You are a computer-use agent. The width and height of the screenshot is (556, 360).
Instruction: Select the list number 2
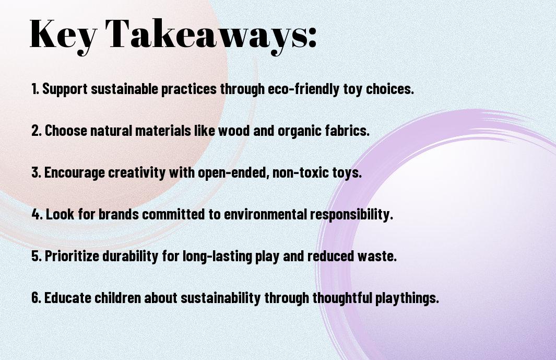36,131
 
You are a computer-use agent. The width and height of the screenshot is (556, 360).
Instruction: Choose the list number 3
36,172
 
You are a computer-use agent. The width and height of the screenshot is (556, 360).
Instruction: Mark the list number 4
37,214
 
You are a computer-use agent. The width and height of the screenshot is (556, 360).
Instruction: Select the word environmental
265,214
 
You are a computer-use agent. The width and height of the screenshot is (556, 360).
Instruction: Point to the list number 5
36,256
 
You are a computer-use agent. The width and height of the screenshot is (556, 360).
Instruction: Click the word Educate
67,298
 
